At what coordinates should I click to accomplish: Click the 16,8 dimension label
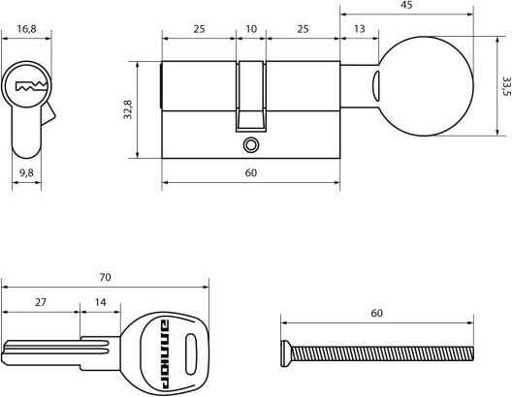click(26, 29)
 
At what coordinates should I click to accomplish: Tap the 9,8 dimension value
click(26, 172)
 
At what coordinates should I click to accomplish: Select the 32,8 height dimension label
click(128, 109)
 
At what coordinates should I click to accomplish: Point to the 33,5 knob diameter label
click(506, 86)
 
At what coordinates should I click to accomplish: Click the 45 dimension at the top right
click(406, 5)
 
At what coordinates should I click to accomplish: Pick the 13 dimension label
click(359, 29)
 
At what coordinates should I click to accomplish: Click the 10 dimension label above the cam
click(251, 29)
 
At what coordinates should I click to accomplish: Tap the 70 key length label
click(105, 277)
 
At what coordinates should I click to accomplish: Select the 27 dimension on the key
click(41, 302)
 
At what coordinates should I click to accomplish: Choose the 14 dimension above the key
click(101, 302)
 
